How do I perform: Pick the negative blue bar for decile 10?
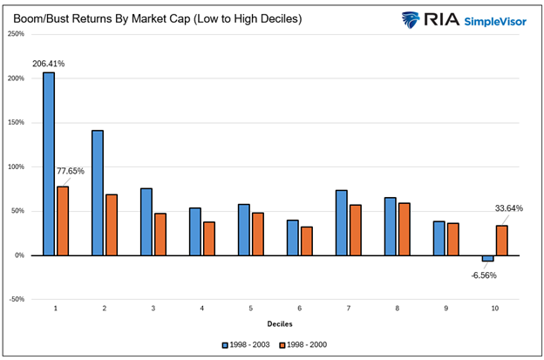tap(487, 258)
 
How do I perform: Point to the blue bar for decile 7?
tap(342, 222)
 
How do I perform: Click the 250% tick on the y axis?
tap(15, 34)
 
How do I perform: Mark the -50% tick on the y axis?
tap(16, 299)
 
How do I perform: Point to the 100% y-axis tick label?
tap(15, 166)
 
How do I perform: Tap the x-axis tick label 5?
tap(250, 309)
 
